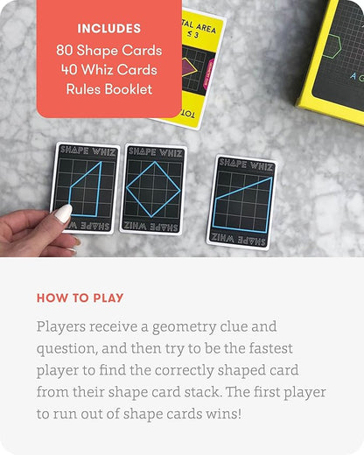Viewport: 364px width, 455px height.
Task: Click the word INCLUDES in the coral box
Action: coord(108,30)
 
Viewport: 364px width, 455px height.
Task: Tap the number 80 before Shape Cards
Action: coord(66,49)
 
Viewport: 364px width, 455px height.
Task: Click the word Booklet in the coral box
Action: coord(128,88)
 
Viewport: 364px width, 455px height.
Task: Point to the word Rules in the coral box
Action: coord(85,88)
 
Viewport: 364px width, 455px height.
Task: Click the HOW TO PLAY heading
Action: coord(80,297)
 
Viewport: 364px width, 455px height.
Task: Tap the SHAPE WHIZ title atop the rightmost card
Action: coord(247,163)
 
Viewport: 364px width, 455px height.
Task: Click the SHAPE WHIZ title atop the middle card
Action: coord(156,151)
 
